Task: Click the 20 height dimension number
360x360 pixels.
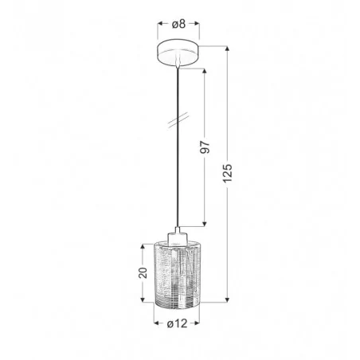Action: pos(142,275)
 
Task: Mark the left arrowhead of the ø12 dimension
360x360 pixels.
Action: pos(154,332)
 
